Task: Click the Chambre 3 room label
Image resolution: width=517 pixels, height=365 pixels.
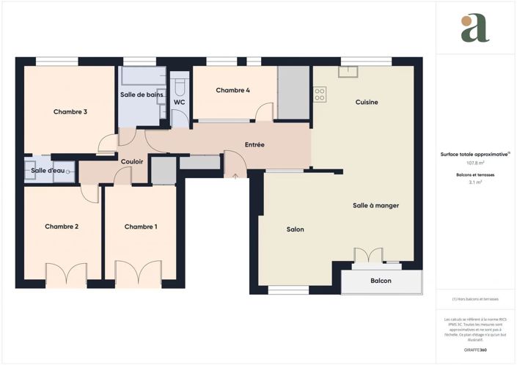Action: coord(70,112)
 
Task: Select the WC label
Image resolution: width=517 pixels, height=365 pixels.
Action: coord(179,103)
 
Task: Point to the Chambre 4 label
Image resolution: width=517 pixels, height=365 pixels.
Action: coord(232,90)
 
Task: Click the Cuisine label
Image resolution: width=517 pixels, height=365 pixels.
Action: coord(367,103)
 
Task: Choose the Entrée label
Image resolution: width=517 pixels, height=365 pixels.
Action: coord(254,145)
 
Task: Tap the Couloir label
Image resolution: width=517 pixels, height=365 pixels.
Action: coord(132,161)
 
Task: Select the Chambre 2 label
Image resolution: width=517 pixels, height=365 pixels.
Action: coord(62,226)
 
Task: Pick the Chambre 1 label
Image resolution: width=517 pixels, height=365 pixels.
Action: coord(141,226)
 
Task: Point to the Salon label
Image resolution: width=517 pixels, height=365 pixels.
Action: coord(295,229)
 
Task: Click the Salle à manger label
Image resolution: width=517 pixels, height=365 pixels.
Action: coord(375,206)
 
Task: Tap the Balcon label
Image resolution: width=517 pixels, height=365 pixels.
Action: coord(381,281)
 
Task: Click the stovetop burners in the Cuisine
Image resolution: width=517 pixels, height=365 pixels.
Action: coord(320,94)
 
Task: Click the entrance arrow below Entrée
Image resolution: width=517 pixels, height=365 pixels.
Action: coord(234,176)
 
